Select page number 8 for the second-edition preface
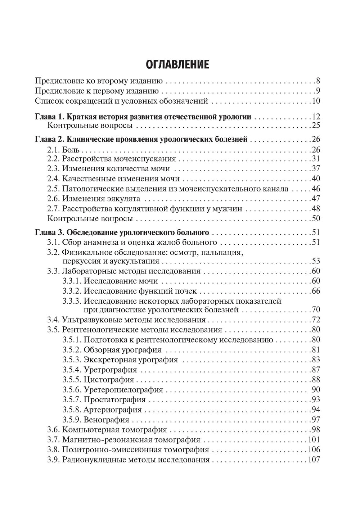(318, 81)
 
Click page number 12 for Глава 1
(316, 117)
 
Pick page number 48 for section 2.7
(316, 209)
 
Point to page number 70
(316, 309)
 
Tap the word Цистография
(109, 380)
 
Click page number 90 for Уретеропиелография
(316, 390)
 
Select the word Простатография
(114, 399)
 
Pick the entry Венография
(106, 420)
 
